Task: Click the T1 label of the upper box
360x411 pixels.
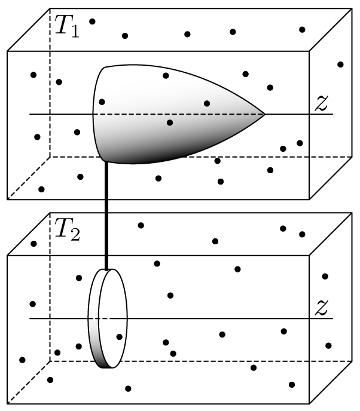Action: pos(66,26)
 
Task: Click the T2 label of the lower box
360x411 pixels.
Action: pos(66,229)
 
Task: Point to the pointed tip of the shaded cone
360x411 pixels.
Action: pos(264,114)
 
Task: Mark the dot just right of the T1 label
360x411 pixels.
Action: pos(92,22)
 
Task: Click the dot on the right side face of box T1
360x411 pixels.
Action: pos(340,65)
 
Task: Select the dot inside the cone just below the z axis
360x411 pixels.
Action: pos(170,123)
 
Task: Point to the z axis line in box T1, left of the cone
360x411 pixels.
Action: pos(60,114)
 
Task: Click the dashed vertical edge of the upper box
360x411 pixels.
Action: pos(50,90)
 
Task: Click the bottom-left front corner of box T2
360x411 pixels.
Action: pos(7,402)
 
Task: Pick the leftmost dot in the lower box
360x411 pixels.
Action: pos(22,360)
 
